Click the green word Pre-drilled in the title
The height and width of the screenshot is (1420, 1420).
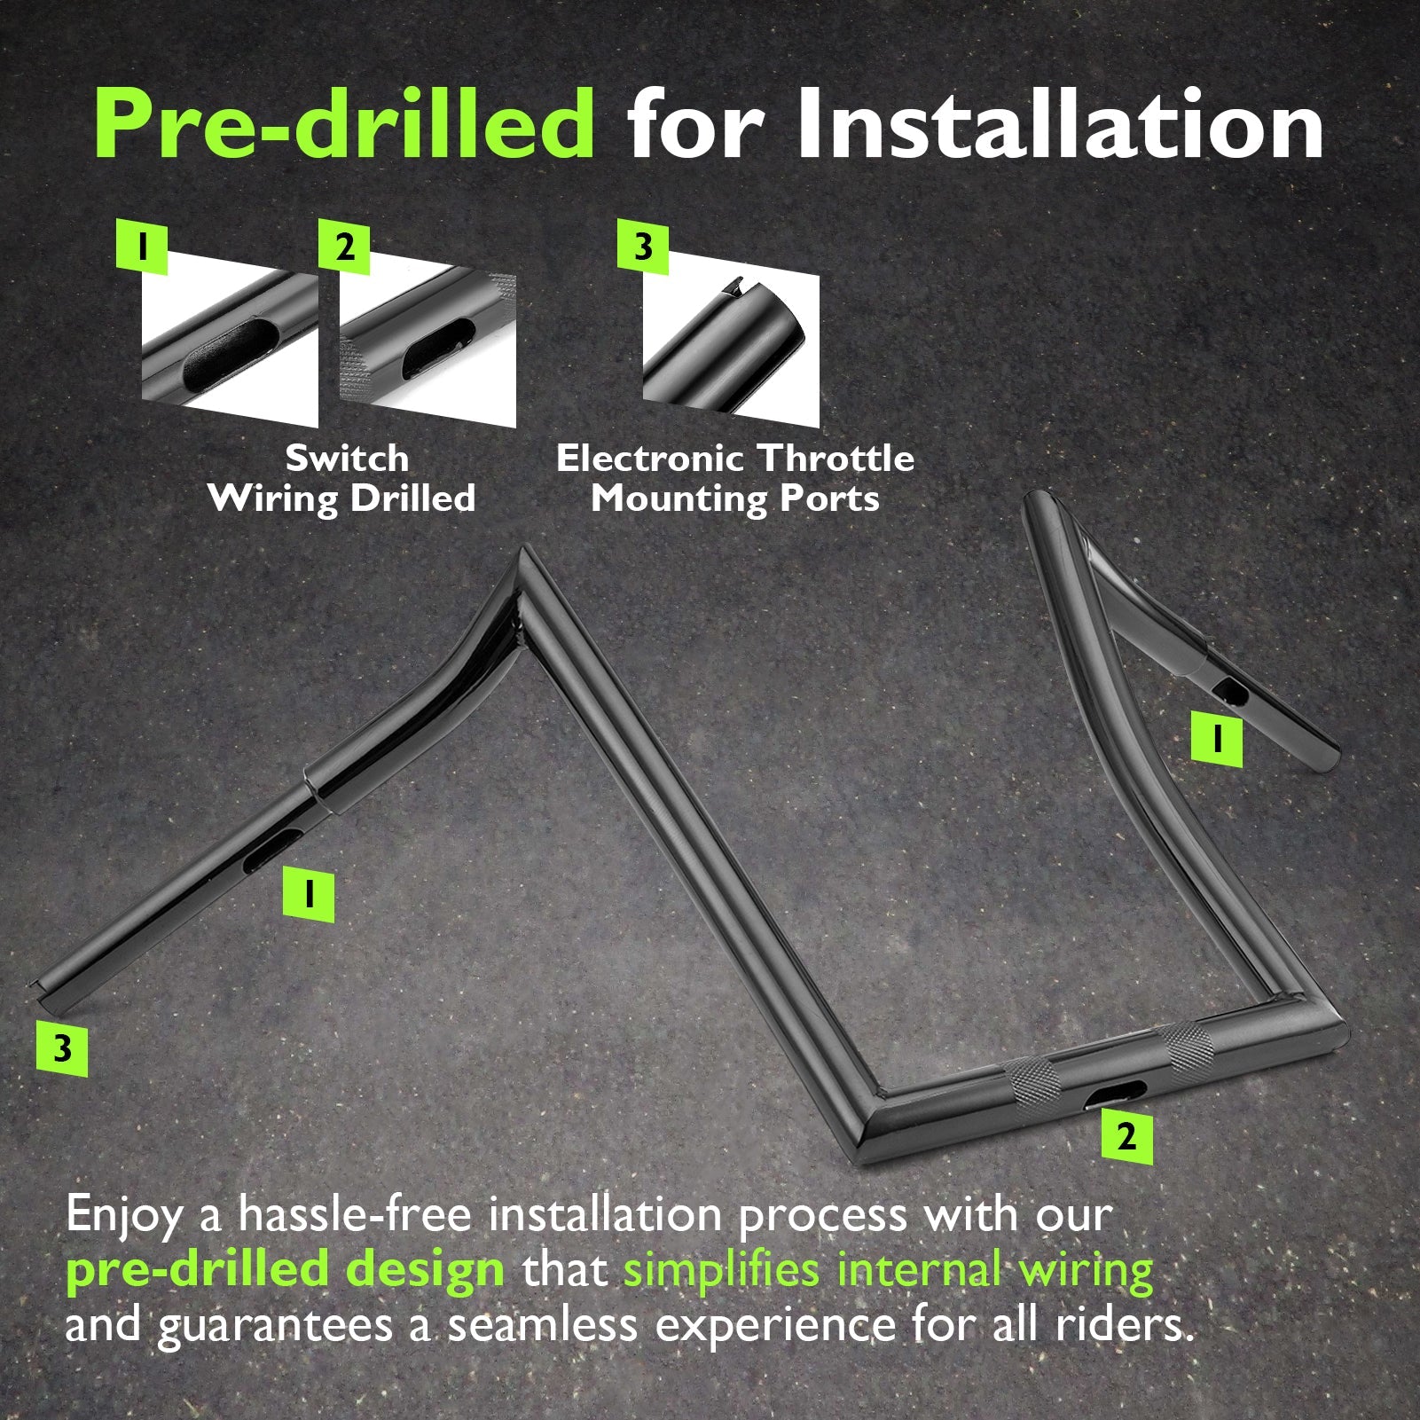(344, 124)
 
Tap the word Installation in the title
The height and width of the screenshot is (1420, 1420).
(1061, 124)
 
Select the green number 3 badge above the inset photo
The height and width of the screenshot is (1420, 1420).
(643, 246)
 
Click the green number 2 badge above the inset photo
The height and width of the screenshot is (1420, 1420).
(344, 246)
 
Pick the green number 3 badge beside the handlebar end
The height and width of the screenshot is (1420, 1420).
(62, 1047)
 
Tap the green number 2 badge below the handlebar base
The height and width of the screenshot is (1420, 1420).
(1126, 1136)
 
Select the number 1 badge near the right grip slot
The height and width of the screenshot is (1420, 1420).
(1216, 741)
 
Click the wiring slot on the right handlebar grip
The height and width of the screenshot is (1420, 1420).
(1228, 689)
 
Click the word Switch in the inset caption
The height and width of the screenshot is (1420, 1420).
(347, 459)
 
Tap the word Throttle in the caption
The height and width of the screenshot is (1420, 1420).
(836, 459)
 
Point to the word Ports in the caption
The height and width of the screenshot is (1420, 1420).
(829, 498)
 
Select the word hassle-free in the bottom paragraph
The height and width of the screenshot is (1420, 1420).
(355, 1214)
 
